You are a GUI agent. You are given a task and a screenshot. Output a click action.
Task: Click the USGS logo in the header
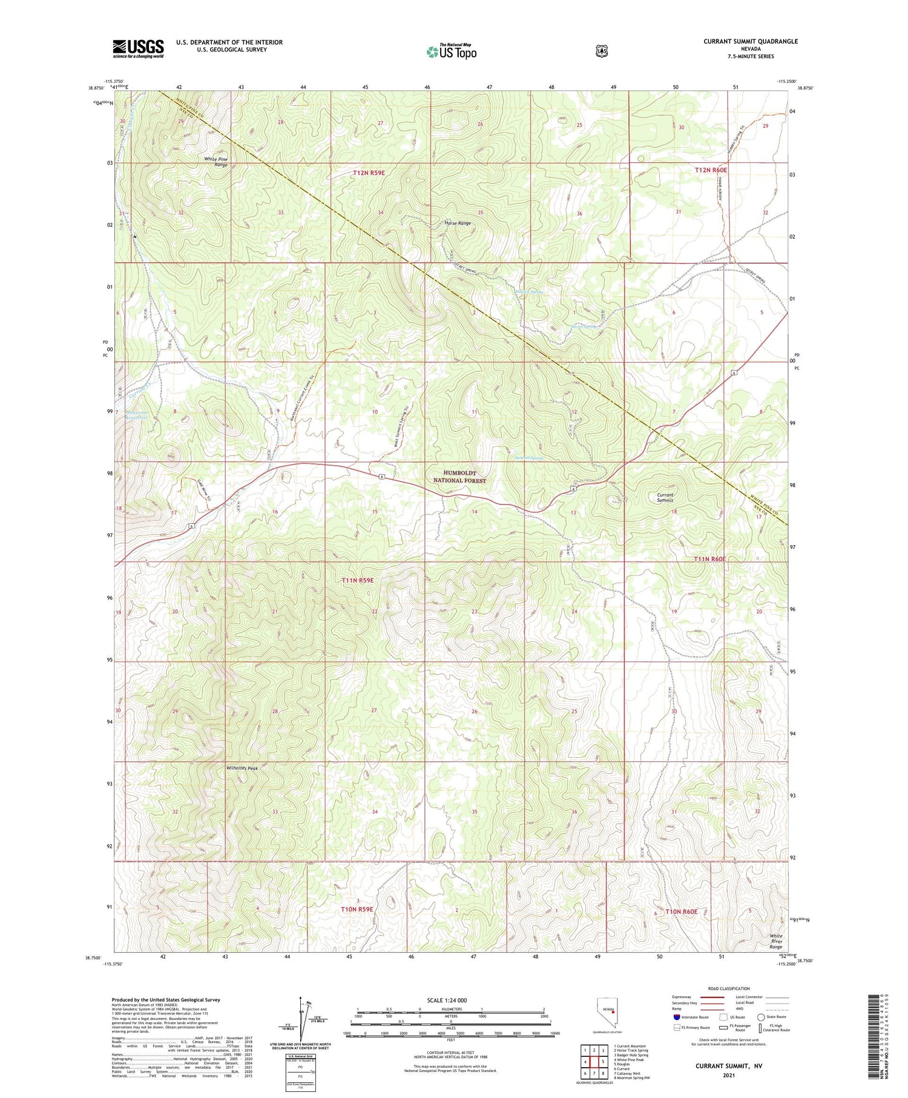(138, 48)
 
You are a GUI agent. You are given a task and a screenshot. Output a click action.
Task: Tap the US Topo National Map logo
(451, 51)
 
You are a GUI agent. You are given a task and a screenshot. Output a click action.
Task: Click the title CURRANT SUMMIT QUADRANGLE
(750, 41)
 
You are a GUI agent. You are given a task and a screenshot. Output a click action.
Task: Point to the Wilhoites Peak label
(242, 768)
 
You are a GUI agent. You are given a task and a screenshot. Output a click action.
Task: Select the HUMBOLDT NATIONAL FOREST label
(459, 477)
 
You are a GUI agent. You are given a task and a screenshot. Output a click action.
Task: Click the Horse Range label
(457, 223)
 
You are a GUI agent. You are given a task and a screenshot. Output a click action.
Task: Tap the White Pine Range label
(215, 162)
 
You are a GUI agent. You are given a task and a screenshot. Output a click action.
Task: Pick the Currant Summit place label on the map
(665, 497)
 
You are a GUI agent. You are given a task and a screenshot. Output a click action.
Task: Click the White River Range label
(776, 941)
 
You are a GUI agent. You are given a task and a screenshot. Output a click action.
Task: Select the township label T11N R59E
(358, 580)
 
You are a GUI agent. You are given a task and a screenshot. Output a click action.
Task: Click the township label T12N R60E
(711, 170)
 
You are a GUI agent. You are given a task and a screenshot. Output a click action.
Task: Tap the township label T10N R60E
(682, 911)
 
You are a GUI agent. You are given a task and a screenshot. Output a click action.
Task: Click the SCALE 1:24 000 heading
(451, 1000)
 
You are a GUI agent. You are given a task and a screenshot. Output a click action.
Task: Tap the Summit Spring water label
(528, 458)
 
